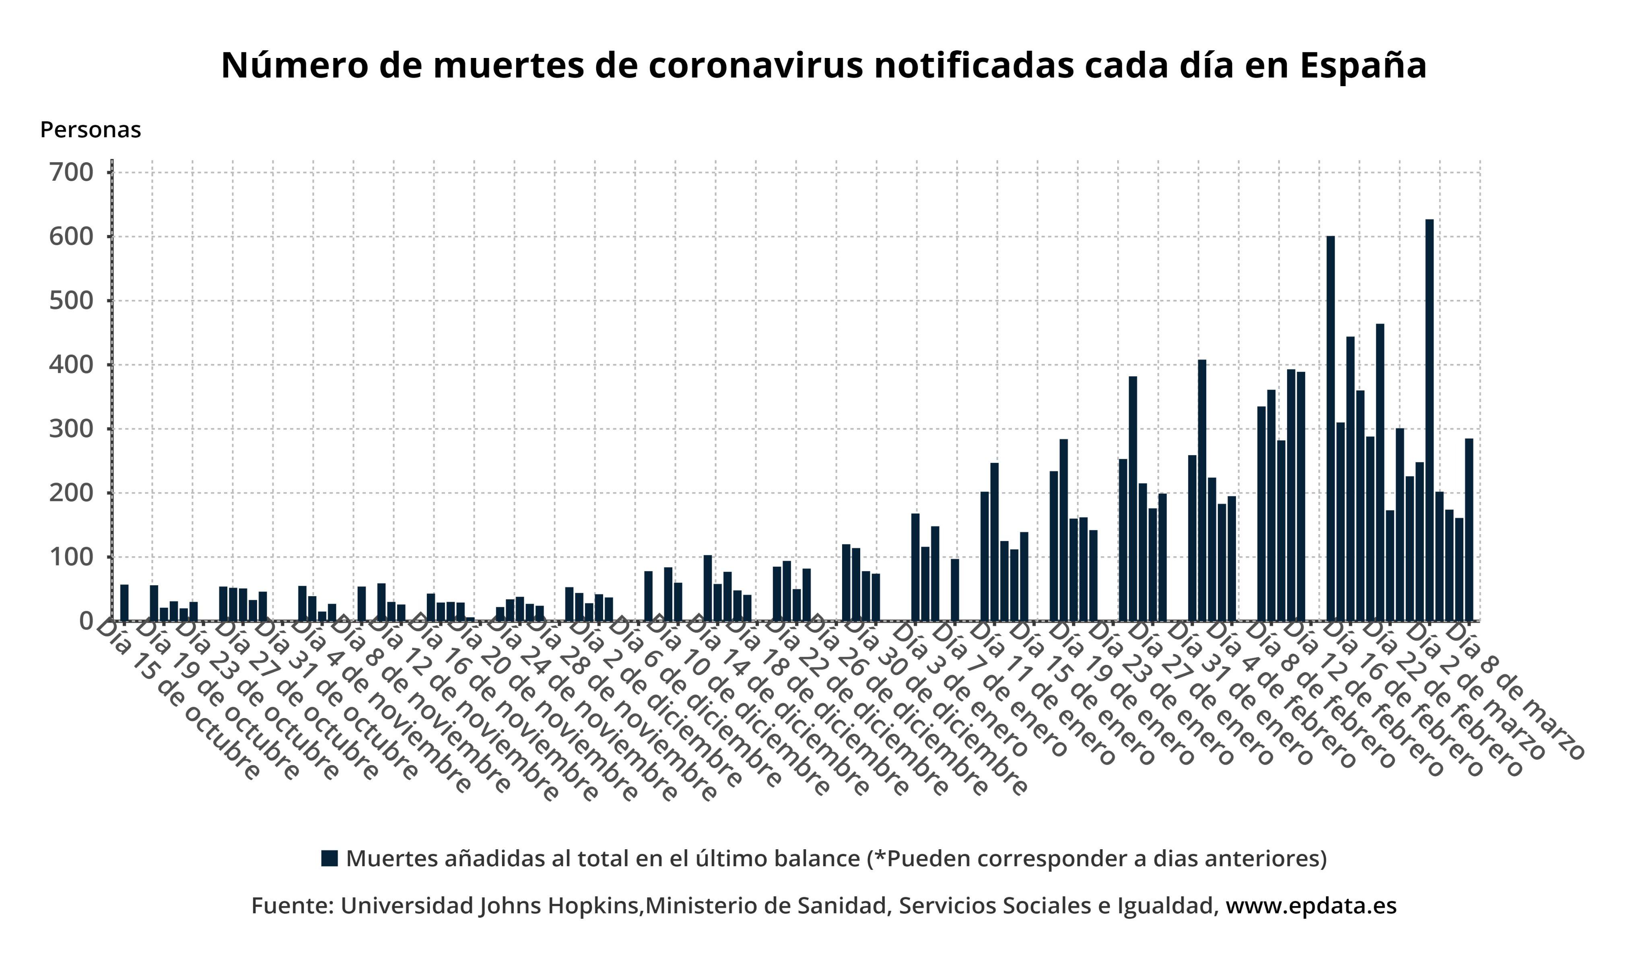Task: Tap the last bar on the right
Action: pos(1469,530)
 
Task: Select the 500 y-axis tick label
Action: pos(71,301)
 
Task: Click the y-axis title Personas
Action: pos(90,130)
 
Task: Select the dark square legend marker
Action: pos(330,858)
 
